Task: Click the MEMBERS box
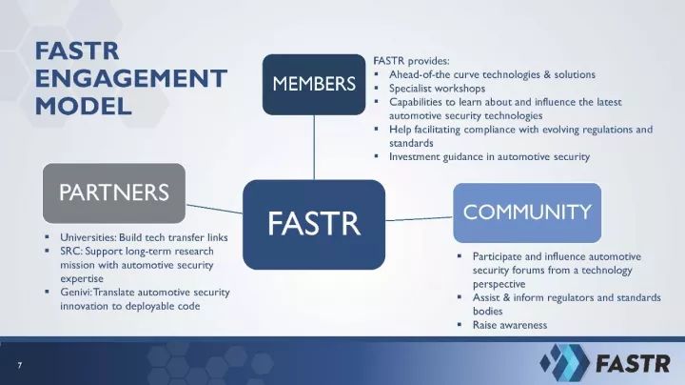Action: [x=314, y=85]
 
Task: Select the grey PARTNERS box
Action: [x=114, y=192]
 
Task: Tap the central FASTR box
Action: [x=314, y=225]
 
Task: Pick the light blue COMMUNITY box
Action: [x=527, y=213]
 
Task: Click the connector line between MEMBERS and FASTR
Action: [x=314, y=148]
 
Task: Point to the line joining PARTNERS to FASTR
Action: [x=214, y=209]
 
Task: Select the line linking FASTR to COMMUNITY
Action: [x=419, y=219]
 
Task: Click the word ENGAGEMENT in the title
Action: [x=131, y=78]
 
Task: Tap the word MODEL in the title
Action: [x=84, y=107]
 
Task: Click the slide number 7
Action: [x=19, y=365]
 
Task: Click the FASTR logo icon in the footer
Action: [x=564, y=362]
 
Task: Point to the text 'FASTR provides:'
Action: [x=411, y=61]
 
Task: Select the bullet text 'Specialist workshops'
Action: [x=437, y=89]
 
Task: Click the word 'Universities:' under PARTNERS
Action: [x=88, y=237]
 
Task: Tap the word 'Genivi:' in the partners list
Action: [x=76, y=293]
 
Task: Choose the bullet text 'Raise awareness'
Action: [x=510, y=325]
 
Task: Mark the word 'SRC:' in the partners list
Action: [x=70, y=252]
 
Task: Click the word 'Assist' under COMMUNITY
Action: [x=485, y=297]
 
